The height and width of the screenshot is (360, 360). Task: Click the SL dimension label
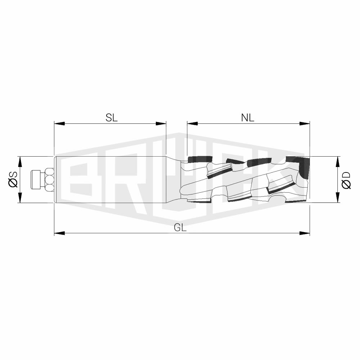[112, 118]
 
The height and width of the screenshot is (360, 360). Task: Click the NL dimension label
[248, 118]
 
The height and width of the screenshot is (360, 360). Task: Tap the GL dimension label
[180, 228]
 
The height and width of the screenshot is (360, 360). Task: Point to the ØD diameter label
[346, 180]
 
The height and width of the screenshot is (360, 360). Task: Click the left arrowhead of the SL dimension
[59, 124]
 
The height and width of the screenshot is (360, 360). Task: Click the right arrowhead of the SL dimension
[161, 124]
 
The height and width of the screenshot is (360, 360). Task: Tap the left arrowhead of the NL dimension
[192, 124]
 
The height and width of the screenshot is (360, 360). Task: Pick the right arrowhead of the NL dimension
[305, 124]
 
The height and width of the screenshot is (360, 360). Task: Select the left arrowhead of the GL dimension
[59, 233]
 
